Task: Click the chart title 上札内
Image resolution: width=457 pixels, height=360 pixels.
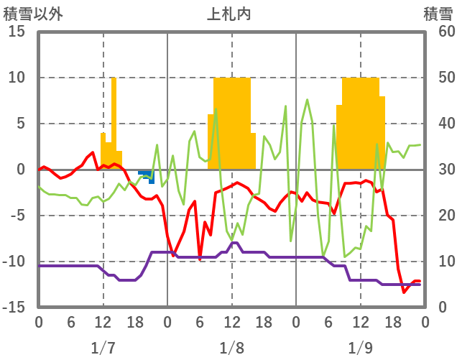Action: [x=229, y=14]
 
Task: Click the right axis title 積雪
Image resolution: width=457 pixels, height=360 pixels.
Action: [x=438, y=14]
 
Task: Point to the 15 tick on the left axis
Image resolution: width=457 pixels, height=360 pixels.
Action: [x=17, y=32]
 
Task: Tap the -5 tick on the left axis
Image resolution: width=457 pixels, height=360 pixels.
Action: [x=17, y=216]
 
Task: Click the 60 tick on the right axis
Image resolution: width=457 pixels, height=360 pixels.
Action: [x=439, y=32]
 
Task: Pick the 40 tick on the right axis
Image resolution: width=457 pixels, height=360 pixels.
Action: [x=439, y=124]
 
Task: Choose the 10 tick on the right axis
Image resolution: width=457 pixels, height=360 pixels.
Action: [x=439, y=262]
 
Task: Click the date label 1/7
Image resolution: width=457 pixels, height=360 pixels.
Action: [x=103, y=348]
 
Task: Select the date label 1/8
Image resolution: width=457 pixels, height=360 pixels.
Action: [x=231, y=348]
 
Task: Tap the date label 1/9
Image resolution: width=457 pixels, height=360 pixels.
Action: [x=360, y=348]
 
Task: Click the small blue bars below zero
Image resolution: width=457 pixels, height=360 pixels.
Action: [x=147, y=174]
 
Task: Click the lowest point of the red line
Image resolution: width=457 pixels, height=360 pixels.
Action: [x=404, y=292]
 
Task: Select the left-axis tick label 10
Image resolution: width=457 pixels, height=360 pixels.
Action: [x=17, y=78]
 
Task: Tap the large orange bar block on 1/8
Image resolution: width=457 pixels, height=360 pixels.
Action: [x=232, y=122]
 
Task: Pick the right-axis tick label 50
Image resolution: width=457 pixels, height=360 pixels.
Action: [x=439, y=78]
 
